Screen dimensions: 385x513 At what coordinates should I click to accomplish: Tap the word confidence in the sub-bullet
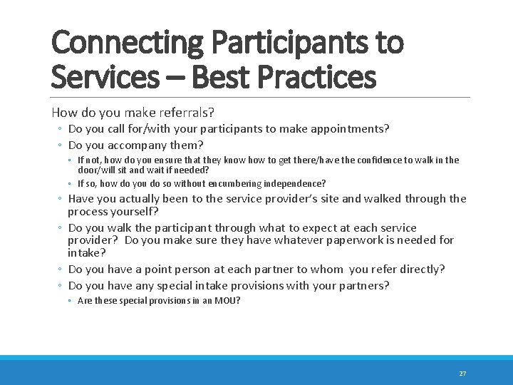(380, 160)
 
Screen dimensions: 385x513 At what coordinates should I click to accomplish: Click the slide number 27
(462, 374)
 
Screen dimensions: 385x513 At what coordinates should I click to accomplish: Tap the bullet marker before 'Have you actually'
(61, 200)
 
